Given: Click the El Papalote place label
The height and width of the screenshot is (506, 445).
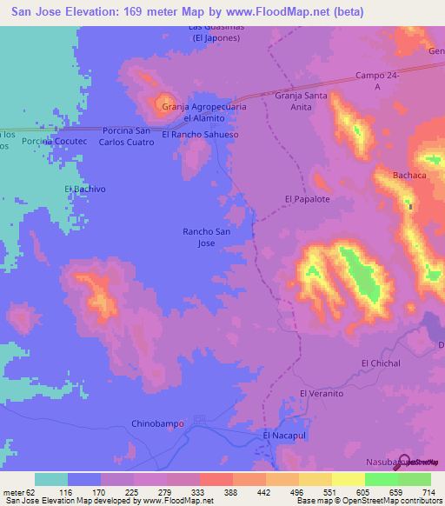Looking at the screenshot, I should click(x=308, y=199).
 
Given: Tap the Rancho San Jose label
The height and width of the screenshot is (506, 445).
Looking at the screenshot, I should click(x=206, y=237).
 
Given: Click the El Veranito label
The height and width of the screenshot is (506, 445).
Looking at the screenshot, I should click(x=322, y=394).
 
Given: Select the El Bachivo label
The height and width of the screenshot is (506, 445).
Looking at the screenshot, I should click(x=84, y=188).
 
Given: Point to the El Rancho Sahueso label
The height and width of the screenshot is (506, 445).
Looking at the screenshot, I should click(x=200, y=135).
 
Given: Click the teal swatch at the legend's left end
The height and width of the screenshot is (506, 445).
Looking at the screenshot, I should click(x=51, y=479).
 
